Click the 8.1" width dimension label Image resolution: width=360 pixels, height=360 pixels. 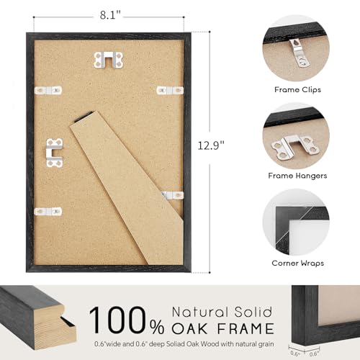112,13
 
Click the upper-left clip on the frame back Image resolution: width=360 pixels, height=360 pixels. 49,90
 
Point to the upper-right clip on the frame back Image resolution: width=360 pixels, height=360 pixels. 171,90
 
